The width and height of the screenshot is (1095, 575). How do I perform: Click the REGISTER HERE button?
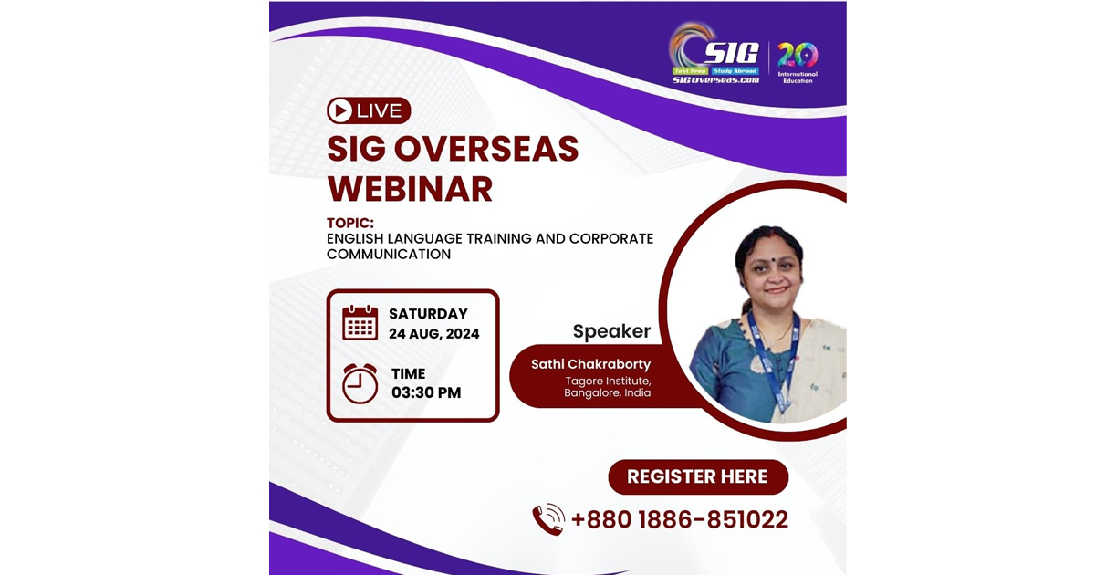click(x=698, y=476)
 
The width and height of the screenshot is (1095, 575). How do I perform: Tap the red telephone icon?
click(x=548, y=519)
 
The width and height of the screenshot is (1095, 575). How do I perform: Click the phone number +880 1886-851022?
click(x=680, y=519)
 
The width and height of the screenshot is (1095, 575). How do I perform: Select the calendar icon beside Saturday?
click(x=360, y=323)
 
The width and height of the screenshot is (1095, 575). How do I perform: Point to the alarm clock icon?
click(x=360, y=383)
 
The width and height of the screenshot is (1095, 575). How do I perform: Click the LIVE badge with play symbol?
click(x=369, y=111)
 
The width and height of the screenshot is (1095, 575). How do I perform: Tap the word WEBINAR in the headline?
click(x=410, y=189)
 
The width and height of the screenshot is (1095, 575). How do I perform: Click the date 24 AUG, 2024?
click(x=433, y=334)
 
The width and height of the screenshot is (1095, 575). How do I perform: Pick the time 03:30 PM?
click(x=426, y=393)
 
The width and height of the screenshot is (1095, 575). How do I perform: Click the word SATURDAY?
click(x=428, y=314)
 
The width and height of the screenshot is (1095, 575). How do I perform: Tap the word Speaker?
click(x=611, y=331)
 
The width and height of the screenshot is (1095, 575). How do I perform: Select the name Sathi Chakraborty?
click(x=590, y=364)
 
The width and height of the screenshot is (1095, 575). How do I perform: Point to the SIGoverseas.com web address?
click(x=715, y=80)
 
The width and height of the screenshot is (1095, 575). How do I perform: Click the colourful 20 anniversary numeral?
click(x=798, y=55)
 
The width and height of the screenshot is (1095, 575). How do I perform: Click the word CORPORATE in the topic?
click(x=610, y=239)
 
